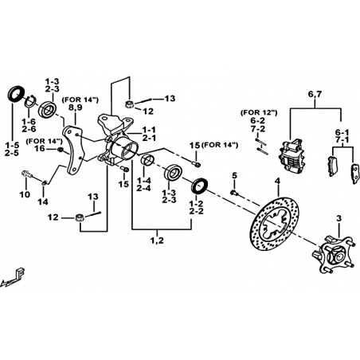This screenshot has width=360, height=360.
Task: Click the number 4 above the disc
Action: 277,182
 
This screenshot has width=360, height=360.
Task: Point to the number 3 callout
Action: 338,219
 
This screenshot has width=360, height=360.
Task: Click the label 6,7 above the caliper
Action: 315,94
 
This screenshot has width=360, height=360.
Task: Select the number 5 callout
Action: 234,175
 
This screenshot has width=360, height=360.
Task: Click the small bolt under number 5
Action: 234,193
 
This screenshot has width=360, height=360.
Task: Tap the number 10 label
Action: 25,194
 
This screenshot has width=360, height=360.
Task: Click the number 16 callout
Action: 40,148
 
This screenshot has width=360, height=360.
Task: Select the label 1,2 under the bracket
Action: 157,241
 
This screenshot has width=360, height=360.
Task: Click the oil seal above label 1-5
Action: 16,93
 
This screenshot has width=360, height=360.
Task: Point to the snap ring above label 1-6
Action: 31,101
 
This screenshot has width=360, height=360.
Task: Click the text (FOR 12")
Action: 259,112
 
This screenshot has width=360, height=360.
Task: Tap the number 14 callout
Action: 43,202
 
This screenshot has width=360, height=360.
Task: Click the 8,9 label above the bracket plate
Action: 76,108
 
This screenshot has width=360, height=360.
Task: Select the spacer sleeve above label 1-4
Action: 147,160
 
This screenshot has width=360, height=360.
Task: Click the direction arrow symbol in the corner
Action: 14,276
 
